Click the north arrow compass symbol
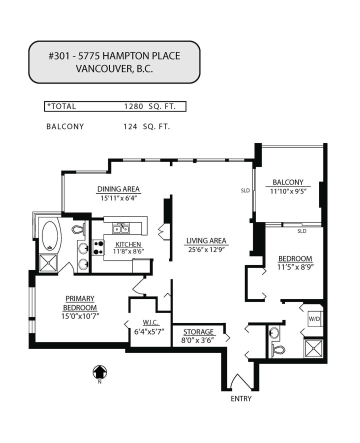[x=100, y=372]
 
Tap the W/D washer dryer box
[x=314, y=318]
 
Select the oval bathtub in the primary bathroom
[x=50, y=237]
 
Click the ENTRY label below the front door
[x=240, y=398]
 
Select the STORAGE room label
[x=198, y=332]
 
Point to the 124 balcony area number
[x=130, y=126]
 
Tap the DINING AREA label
[x=118, y=189]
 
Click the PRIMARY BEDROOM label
[x=79, y=303]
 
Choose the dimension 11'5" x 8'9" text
[x=295, y=266]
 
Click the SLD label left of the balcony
[x=245, y=190]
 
